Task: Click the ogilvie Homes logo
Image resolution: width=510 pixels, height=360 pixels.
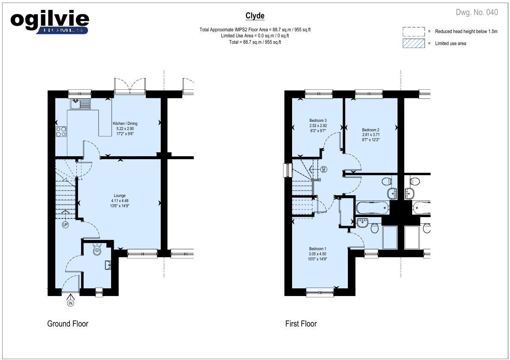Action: (x=50, y=23)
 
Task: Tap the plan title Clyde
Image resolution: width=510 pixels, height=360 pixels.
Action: (x=255, y=16)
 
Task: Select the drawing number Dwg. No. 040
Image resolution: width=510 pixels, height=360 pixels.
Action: (x=477, y=12)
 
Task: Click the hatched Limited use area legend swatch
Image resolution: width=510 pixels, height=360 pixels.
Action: (x=414, y=43)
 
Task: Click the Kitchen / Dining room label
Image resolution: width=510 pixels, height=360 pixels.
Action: (x=125, y=124)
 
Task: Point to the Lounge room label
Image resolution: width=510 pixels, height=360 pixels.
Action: (x=120, y=196)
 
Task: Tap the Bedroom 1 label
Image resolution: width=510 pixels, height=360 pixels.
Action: (x=318, y=249)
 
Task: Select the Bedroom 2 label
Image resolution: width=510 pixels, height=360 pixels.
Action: (x=371, y=130)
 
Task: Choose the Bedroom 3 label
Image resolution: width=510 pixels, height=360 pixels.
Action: (x=318, y=121)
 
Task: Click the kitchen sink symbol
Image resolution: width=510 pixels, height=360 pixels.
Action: (x=80, y=104)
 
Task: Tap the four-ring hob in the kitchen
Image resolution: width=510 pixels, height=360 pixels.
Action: (x=61, y=131)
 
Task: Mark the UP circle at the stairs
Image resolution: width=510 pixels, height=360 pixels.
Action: (x=65, y=224)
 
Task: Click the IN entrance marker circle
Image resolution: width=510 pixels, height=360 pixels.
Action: (x=71, y=303)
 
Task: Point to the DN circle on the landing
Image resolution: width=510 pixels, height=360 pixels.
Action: (x=323, y=169)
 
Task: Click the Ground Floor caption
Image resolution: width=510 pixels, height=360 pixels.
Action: (x=68, y=324)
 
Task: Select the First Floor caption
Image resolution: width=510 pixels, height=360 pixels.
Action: (x=301, y=324)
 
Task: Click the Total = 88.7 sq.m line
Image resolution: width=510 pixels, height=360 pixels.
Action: (x=255, y=42)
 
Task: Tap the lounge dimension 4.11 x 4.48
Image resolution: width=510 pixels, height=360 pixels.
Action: (x=120, y=201)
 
